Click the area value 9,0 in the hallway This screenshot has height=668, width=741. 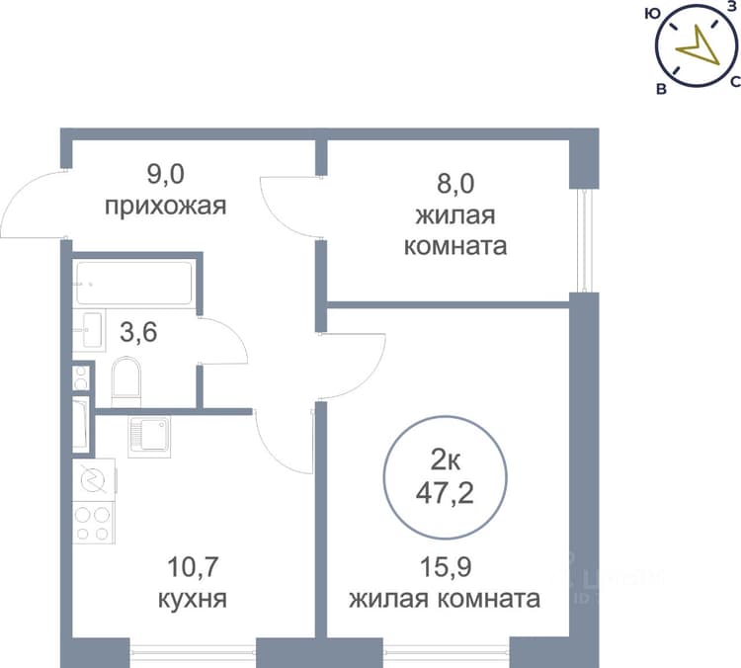[165, 175]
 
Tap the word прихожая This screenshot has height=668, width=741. [165, 207]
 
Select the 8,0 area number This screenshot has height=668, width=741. [455, 184]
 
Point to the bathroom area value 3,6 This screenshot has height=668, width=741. [138, 332]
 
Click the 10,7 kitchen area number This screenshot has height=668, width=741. [193, 567]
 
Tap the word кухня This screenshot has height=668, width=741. [193, 599]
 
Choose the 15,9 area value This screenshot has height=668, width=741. [447, 567]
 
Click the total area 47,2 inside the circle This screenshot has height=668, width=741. [445, 494]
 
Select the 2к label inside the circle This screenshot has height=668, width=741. [446, 460]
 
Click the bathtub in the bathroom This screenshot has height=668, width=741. [134, 283]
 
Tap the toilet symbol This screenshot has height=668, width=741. [126, 382]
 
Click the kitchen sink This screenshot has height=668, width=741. [149, 437]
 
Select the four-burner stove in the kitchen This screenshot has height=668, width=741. [93, 523]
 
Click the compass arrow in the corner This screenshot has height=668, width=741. [698, 45]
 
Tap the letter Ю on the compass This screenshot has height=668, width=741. [652, 14]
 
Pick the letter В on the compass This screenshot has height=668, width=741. [662, 88]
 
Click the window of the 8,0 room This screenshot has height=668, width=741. [584, 240]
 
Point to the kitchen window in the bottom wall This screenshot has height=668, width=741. [193, 652]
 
